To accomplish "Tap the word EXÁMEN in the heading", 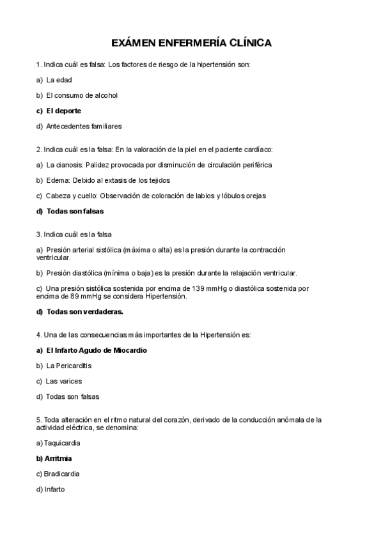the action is [136, 43].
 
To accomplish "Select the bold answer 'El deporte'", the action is [63, 111].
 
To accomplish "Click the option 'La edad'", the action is [59, 80].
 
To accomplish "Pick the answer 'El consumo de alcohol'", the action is [82, 95].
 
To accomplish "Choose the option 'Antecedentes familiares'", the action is [84, 126].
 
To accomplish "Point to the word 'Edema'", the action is [58, 180].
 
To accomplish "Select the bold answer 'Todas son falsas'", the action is [75, 211].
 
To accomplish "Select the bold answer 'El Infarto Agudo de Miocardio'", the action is [97, 351].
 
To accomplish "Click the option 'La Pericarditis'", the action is [69, 366].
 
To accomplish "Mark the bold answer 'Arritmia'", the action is [58, 459].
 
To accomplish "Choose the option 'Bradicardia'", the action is [62, 474].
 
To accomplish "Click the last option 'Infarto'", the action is [54, 490].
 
